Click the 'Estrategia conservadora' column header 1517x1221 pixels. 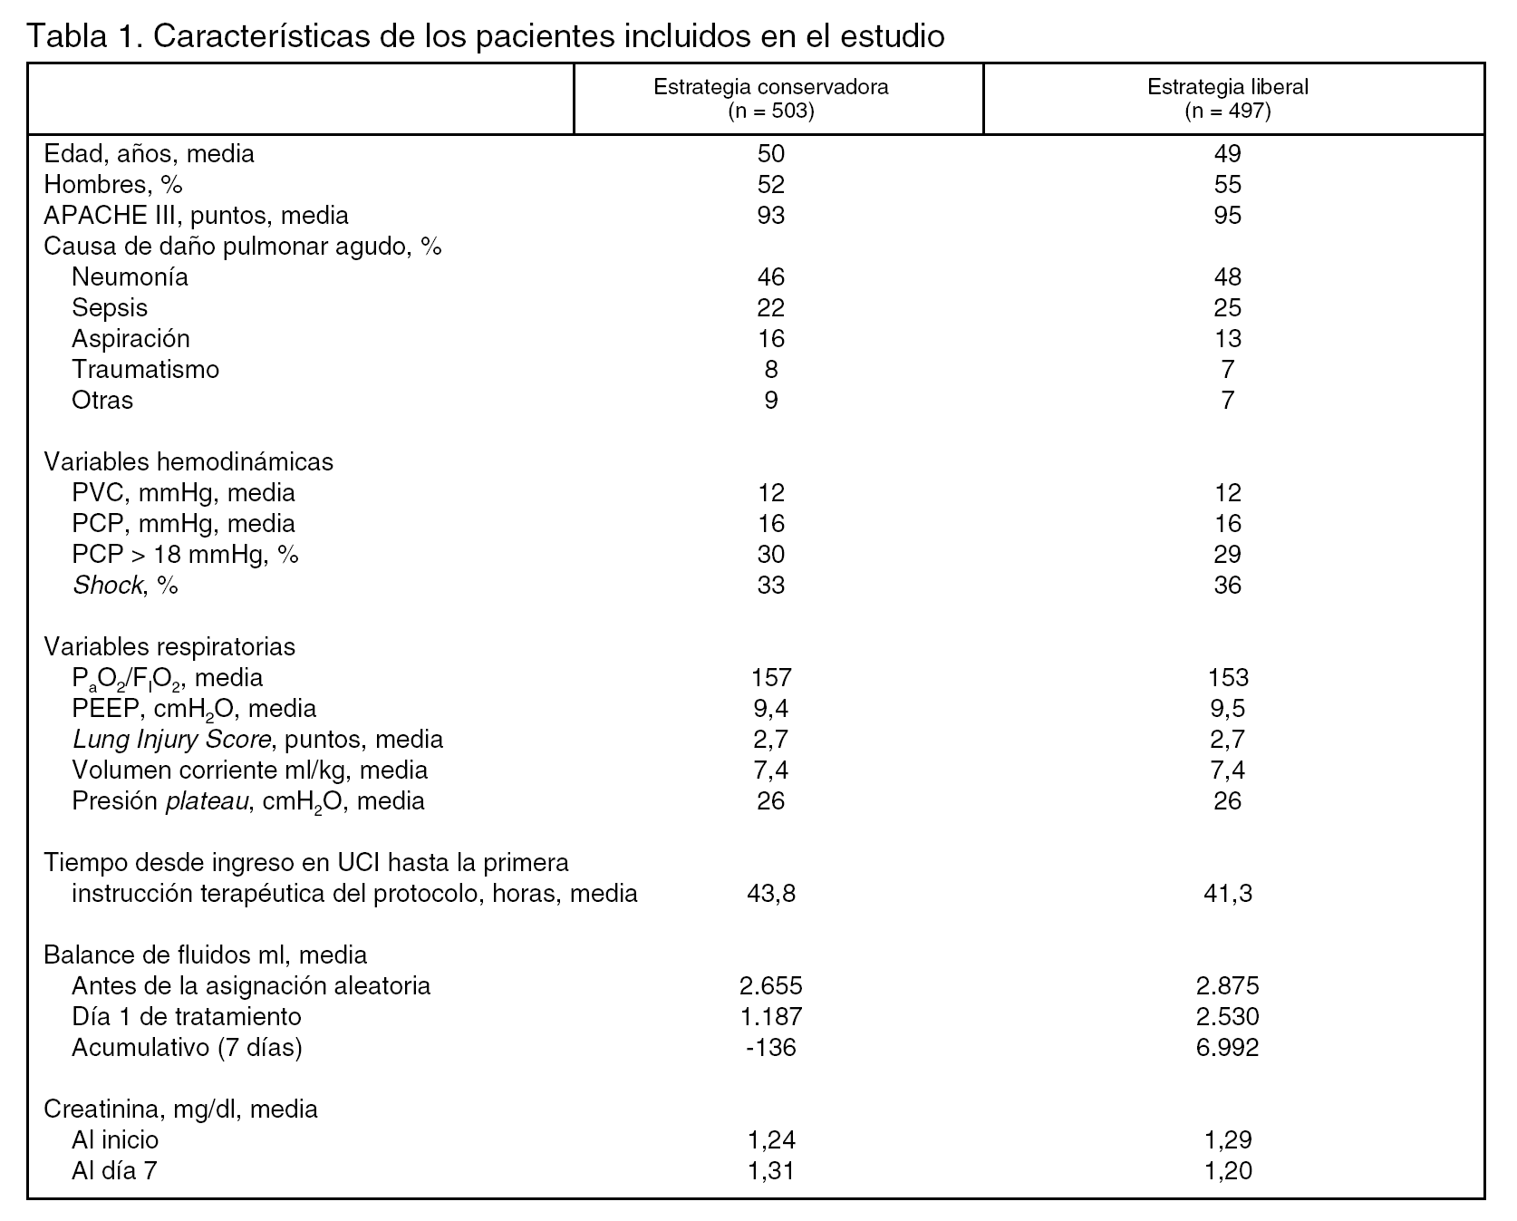click(770, 88)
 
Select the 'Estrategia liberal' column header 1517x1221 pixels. click(1227, 88)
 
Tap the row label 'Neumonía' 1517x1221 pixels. click(130, 276)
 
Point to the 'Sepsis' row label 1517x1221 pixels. click(109, 307)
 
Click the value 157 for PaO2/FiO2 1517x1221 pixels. click(771, 677)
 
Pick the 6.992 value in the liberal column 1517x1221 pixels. click(1227, 1047)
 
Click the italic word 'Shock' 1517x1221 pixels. click(107, 585)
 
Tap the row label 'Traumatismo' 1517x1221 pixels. click(145, 369)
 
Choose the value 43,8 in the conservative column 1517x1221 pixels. click(770, 893)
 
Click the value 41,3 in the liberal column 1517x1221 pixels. click(1227, 893)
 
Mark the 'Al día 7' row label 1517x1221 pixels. click(114, 1170)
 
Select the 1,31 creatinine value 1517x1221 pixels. click(770, 1170)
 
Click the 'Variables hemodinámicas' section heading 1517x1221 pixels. click(188, 461)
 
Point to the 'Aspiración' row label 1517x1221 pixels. click(130, 338)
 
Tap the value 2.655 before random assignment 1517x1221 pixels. click(770, 985)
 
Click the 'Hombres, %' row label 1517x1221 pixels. click(113, 184)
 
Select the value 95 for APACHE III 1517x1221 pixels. click(1227, 215)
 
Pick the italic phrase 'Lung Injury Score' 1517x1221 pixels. click(171, 739)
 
